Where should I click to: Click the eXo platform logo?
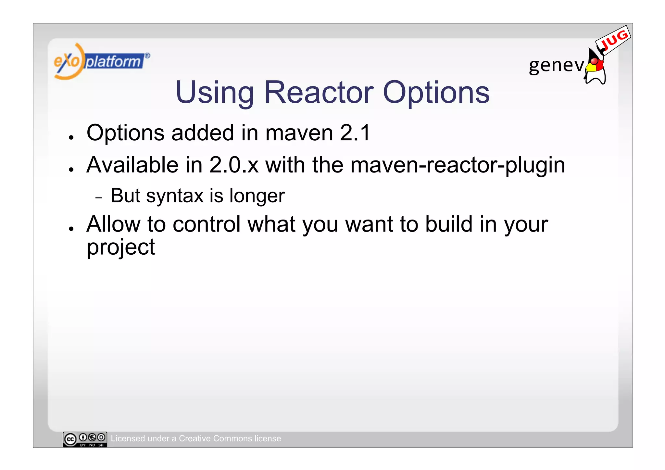tap(101, 61)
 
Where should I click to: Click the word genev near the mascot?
tap(556, 65)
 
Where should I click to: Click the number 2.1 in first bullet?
tap(355, 133)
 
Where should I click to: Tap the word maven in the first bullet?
tap(299, 133)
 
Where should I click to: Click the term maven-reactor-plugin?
tap(458, 165)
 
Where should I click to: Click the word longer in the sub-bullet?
tap(257, 196)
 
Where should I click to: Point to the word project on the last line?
tap(121, 248)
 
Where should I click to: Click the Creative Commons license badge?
tap(85, 439)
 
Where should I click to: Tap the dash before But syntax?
tap(99, 197)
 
